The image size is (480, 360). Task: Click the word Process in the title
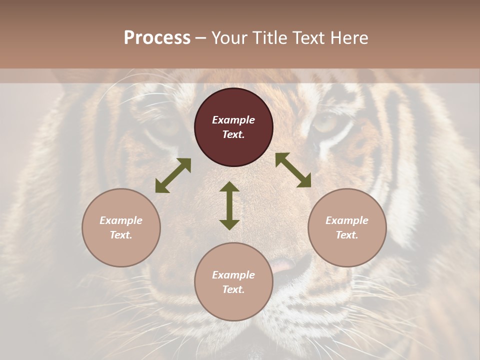[x=157, y=38]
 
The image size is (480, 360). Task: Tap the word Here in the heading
[x=349, y=38]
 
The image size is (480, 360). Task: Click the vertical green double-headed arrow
[x=229, y=205]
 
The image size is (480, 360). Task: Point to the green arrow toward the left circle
[x=173, y=175]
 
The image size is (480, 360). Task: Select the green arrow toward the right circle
[x=293, y=170]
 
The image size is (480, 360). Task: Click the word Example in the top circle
[x=233, y=120]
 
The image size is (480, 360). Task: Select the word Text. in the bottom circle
[x=233, y=289]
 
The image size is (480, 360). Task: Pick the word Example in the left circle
[x=121, y=220]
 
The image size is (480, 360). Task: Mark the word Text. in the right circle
[x=347, y=235]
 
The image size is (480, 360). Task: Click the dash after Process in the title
[x=201, y=38]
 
